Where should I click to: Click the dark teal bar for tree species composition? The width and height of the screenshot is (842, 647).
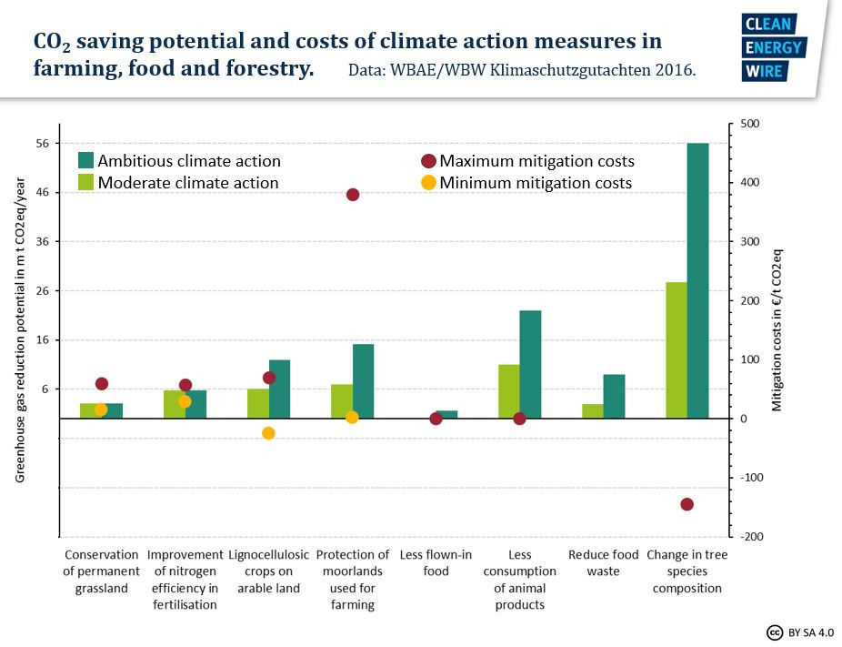(x=697, y=280)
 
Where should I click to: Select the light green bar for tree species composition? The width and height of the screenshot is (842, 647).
(x=677, y=350)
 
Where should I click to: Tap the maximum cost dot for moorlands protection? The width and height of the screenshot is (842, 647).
(x=353, y=195)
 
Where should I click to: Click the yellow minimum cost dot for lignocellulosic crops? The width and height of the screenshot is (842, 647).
(x=268, y=433)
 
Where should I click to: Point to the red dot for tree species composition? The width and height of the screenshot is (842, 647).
(x=687, y=504)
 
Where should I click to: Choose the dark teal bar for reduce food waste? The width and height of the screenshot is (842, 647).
(x=614, y=396)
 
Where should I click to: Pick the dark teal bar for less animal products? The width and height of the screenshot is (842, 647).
(x=530, y=364)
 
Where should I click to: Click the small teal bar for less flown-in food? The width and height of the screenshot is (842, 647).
(x=446, y=414)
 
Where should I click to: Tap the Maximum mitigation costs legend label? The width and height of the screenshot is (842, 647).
(x=536, y=161)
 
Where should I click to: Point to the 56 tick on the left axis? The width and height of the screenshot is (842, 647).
(x=42, y=144)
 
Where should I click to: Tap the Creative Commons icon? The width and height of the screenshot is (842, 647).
(x=775, y=632)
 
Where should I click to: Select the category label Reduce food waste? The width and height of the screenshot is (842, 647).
(x=603, y=563)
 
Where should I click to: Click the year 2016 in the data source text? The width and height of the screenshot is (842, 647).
(x=676, y=70)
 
